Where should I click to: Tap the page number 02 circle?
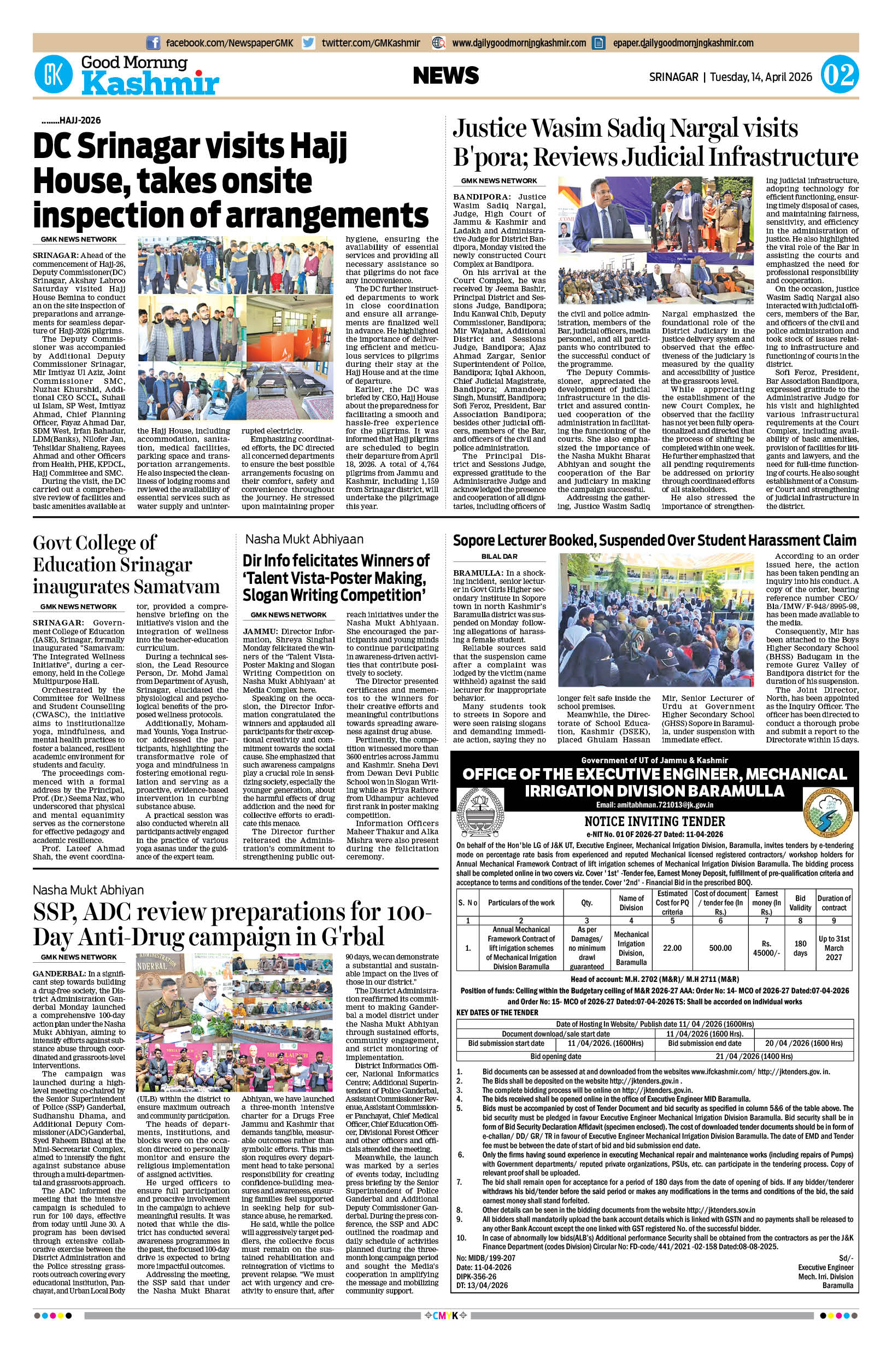coord(839,75)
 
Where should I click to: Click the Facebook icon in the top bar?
coord(153,43)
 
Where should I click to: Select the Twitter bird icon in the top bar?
coord(308,43)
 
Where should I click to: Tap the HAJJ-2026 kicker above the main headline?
coord(71,121)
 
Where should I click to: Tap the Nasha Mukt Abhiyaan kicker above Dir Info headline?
coord(304,539)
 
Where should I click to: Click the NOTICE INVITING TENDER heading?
coord(654,821)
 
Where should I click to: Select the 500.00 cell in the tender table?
coord(720,948)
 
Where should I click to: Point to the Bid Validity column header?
coord(800,903)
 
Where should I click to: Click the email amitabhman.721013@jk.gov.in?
coord(654,805)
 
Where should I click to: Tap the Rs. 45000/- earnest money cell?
coord(766,948)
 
